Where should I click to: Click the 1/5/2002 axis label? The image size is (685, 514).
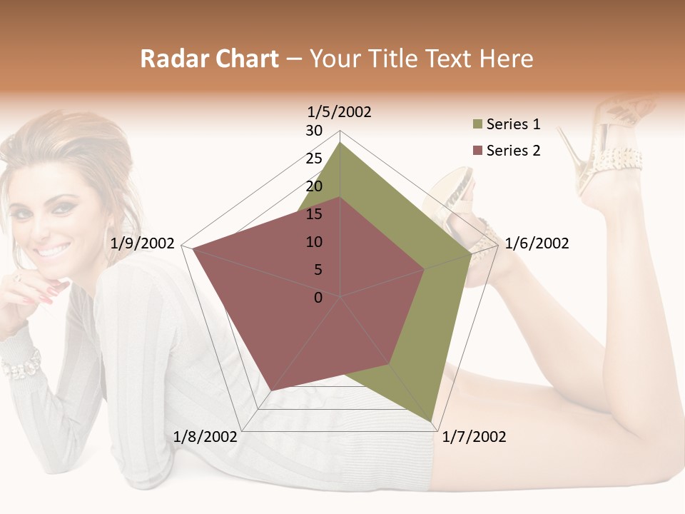[339, 111]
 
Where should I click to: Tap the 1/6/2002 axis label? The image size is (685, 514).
[537, 243]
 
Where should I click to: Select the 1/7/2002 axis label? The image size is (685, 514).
[474, 437]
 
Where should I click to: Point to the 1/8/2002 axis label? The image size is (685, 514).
[205, 437]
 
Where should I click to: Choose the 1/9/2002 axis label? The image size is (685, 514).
[143, 243]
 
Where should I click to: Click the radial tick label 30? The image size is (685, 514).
[314, 131]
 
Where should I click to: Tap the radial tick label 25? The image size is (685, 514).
[314, 158]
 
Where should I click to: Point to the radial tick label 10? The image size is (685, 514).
[314, 242]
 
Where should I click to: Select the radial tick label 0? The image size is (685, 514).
[318, 298]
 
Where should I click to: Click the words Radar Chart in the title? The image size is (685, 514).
[209, 59]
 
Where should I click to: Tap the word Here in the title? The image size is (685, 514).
[506, 59]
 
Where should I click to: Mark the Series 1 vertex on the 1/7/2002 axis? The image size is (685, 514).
[432, 421]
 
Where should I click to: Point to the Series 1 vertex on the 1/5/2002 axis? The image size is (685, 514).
[340, 143]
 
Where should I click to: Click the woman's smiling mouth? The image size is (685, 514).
[54, 251]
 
